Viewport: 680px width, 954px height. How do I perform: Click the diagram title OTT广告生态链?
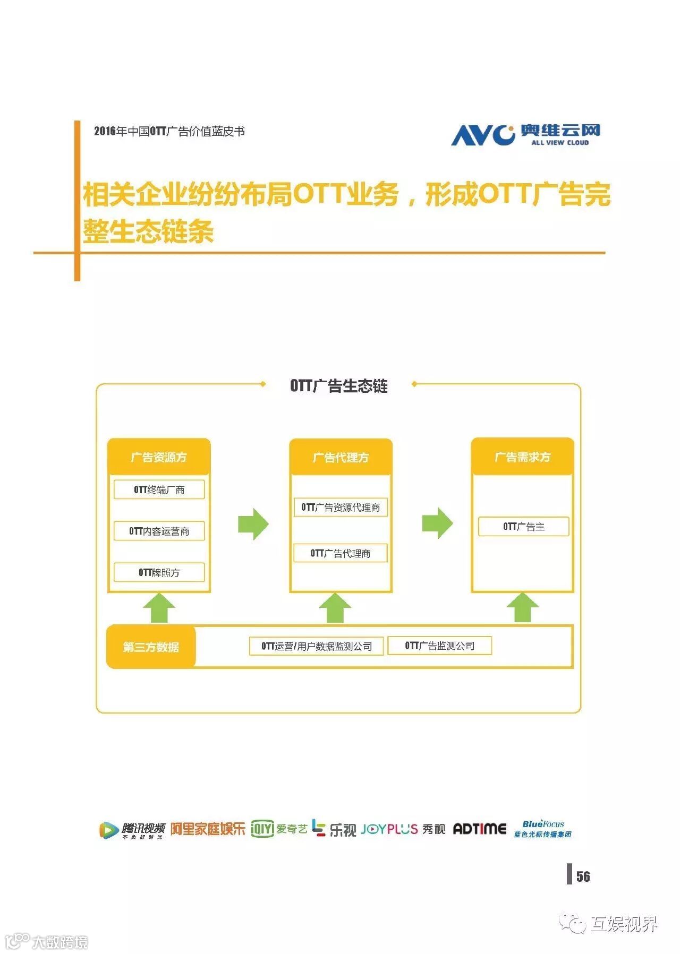coord(339,386)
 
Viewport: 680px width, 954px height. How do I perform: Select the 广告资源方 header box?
coord(159,457)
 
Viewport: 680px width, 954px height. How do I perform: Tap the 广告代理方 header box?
coord(341,457)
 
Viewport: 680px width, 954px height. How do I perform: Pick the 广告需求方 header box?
coord(522,457)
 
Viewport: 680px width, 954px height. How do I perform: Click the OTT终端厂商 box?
coord(159,489)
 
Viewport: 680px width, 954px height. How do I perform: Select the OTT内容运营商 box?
coord(159,531)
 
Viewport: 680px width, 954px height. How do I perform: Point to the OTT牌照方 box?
coord(159,572)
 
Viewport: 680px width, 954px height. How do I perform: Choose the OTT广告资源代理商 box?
coord(341,507)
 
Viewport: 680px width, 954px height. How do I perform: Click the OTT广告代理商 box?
coord(341,553)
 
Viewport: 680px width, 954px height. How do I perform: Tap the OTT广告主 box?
coord(523,527)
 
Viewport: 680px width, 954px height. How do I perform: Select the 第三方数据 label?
coord(151,647)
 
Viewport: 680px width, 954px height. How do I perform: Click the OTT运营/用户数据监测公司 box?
coord(316,646)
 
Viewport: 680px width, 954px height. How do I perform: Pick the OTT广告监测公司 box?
coord(439,646)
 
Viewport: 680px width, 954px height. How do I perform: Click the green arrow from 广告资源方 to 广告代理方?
coord(253,524)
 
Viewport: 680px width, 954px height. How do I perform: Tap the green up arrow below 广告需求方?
coord(523,607)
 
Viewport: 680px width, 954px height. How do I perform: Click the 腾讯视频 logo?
coord(132,830)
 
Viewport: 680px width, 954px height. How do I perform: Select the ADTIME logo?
coord(479,829)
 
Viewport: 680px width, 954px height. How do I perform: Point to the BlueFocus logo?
coord(542,829)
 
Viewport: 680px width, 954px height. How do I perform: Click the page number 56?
coord(583,876)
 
